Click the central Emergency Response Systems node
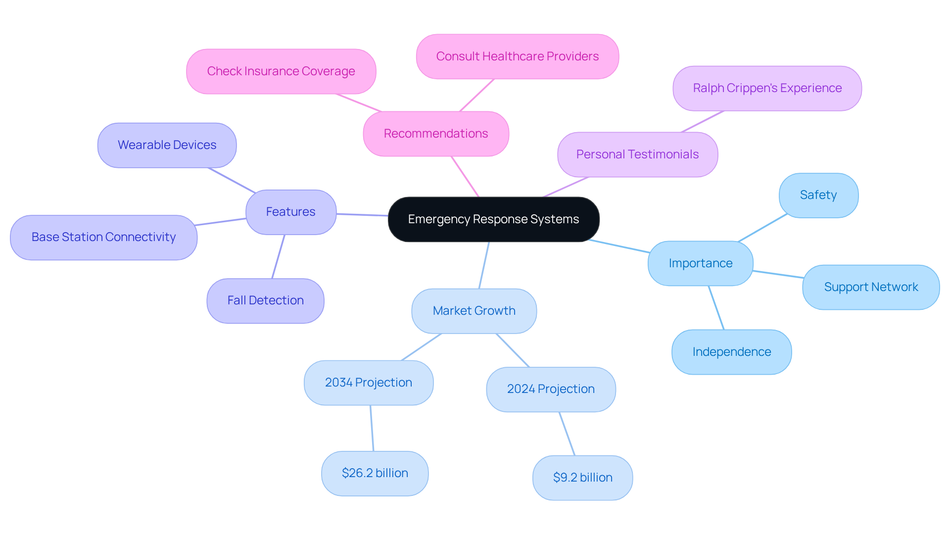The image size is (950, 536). click(493, 219)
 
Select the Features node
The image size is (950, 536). click(291, 212)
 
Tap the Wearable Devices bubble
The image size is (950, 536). click(167, 145)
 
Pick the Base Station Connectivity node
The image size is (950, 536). click(103, 237)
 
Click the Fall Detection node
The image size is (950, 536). click(265, 300)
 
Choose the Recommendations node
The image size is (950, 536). click(435, 134)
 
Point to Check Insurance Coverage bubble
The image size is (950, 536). click(281, 71)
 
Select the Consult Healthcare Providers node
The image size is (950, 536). click(517, 56)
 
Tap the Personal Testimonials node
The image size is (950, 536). click(637, 154)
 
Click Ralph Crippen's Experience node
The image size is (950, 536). click(767, 88)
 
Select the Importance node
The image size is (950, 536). click(700, 263)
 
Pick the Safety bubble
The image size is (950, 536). click(818, 195)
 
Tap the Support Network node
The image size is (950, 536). click(871, 287)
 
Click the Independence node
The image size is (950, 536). click(731, 352)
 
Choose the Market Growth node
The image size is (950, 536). click(474, 311)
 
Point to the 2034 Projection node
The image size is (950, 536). click(368, 383)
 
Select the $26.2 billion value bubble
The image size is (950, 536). click(375, 473)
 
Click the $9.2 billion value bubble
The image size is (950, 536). click(582, 478)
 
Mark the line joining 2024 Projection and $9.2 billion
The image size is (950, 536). click(567, 434)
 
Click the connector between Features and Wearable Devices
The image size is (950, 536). click(232, 180)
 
